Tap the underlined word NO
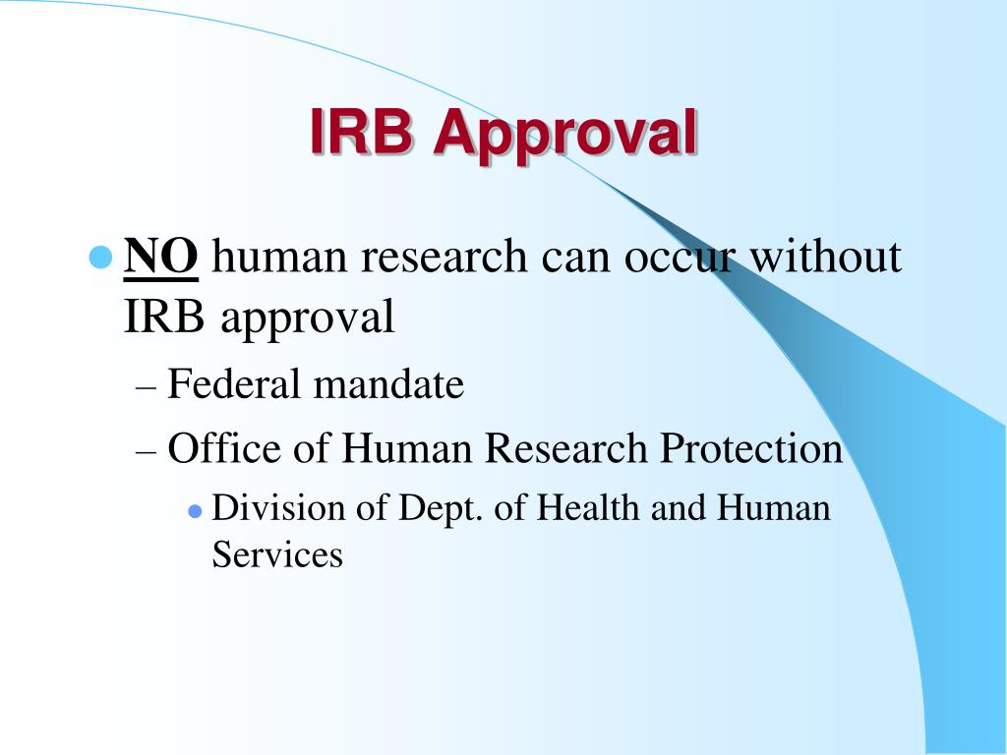(162, 258)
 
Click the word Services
(277, 555)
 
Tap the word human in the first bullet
(278, 258)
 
